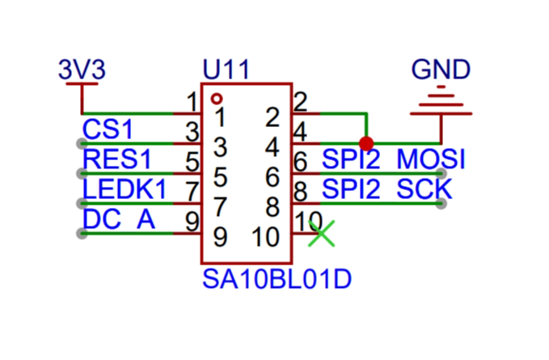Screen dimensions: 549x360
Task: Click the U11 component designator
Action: pyautogui.click(x=226, y=70)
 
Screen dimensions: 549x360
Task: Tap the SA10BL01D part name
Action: pyautogui.click(x=277, y=279)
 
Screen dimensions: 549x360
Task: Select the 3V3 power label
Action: pyautogui.click(x=82, y=69)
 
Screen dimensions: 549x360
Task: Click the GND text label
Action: pyautogui.click(x=441, y=69)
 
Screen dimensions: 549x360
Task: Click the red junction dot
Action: pyautogui.click(x=366, y=143)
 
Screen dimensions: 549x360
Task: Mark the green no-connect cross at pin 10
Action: pyautogui.click(x=322, y=234)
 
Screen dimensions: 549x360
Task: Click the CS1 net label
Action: pyautogui.click(x=108, y=129)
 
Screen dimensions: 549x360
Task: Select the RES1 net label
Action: pyautogui.click(x=117, y=159)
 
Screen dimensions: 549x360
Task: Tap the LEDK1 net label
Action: pyautogui.click(x=125, y=189)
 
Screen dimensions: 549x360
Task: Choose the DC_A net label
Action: pyautogui.click(x=119, y=219)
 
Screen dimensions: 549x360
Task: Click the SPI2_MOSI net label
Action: pyautogui.click(x=394, y=159)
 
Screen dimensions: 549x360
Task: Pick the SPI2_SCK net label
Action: pyautogui.click(x=387, y=189)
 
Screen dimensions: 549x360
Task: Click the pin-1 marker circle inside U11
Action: pyautogui.click(x=217, y=99)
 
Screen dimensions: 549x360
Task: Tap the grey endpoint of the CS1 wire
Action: pyautogui.click(x=82, y=143)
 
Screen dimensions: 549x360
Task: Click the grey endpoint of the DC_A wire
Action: pyautogui.click(x=82, y=234)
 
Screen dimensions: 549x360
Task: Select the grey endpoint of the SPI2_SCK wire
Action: pyautogui.click(x=441, y=204)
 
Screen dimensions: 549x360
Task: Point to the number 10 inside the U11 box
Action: pyautogui.click(x=266, y=237)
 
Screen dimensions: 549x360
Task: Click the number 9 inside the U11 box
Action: pyautogui.click(x=220, y=237)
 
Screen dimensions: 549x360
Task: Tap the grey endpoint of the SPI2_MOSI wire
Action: pyautogui.click(x=441, y=173)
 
